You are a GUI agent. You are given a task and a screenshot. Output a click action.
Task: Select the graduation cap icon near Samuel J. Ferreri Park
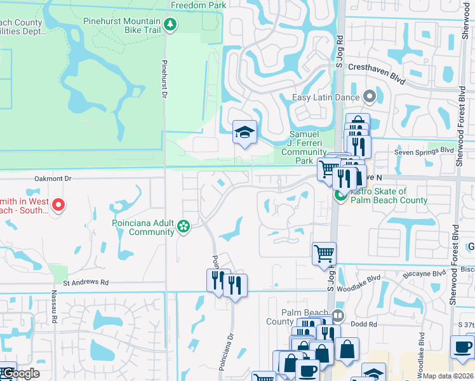pos(244,133)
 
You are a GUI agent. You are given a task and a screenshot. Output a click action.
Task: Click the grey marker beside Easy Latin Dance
pos(370,98)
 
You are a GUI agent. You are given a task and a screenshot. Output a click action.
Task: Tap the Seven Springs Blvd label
pos(424,150)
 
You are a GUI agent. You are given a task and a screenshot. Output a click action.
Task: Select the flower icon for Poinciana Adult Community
pos(184,227)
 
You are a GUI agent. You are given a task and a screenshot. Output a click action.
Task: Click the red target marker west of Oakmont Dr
pos(58,204)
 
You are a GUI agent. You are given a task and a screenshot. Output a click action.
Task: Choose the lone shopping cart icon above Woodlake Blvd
pos(324,253)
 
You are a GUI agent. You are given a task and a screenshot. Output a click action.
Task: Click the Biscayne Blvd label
pos(425,274)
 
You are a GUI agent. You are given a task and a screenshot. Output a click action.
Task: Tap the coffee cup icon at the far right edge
pos(462,347)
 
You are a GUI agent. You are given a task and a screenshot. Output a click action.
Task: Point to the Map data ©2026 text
pos(448,376)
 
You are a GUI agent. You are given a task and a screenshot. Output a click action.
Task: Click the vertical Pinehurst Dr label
pos(164,78)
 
